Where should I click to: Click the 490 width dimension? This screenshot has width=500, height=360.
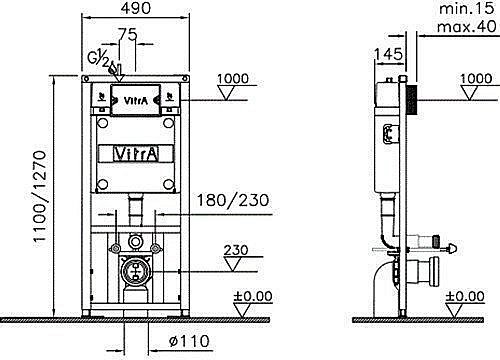(x=136, y=8)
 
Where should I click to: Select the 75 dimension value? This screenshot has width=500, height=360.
(x=128, y=34)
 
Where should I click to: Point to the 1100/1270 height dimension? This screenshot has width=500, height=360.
(x=39, y=199)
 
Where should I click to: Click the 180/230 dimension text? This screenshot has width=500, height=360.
(x=233, y=200)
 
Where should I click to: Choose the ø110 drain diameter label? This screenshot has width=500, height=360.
(x=189, y=341)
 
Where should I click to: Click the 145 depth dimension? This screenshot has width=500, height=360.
(x=388, y=54)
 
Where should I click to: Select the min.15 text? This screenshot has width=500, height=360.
(x=467, y=8)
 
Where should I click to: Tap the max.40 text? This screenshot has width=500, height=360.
(x=467, y=26)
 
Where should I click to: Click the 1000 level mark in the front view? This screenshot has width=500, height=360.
(x=233, y=79)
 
